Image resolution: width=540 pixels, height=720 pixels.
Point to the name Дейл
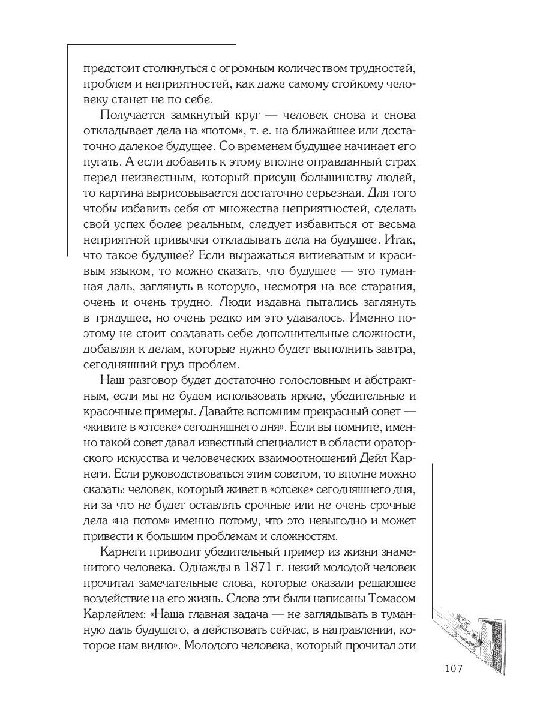(369, 458)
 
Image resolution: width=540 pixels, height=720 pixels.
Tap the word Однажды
(209, 567)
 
